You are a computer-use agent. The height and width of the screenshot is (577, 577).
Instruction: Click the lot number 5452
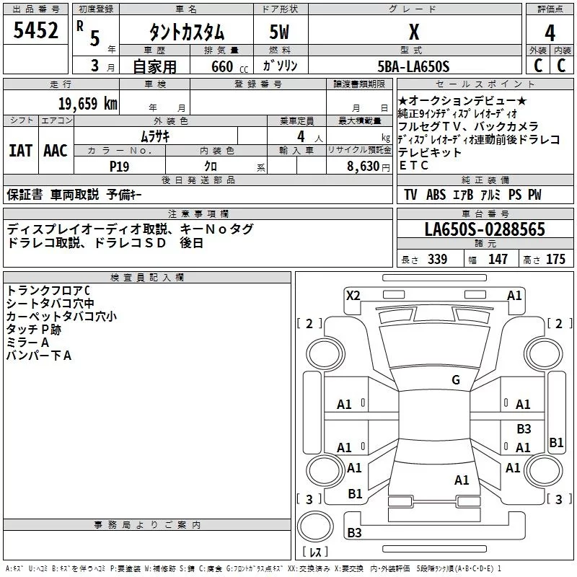[35, 30]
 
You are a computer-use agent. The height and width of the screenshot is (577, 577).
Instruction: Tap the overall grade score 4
[550, 33]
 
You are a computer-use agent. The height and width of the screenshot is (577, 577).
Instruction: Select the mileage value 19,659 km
[87, 104]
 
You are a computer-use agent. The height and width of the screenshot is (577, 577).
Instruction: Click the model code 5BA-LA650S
[413, 66]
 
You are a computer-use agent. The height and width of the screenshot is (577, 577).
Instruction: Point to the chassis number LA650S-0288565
[485, 229]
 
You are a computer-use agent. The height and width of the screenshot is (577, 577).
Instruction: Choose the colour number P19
[119, 167]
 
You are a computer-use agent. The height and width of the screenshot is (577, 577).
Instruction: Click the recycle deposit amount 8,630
[364, 167]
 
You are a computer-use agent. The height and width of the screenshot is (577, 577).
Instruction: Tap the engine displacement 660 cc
[229, 67]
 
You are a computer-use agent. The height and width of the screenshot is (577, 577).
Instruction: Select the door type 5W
[279, 32]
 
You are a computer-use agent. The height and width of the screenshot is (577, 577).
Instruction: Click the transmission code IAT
[21, 151]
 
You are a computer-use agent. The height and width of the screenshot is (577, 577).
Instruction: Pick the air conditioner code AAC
[56, 151]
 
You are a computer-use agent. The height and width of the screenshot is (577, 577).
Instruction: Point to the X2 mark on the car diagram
[353, 296]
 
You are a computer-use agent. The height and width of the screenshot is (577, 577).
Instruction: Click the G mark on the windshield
[456, 380]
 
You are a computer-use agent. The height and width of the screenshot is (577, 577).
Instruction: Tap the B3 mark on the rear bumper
[354, 532]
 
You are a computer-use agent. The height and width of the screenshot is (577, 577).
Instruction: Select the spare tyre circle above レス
[315, 526]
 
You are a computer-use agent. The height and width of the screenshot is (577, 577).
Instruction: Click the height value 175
[555, 259]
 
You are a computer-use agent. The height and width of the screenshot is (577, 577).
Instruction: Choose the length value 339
[438, 259]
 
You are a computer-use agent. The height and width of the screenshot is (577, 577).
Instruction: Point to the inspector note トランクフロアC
[48, 291]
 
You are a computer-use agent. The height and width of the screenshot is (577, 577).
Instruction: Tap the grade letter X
[414, 32]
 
